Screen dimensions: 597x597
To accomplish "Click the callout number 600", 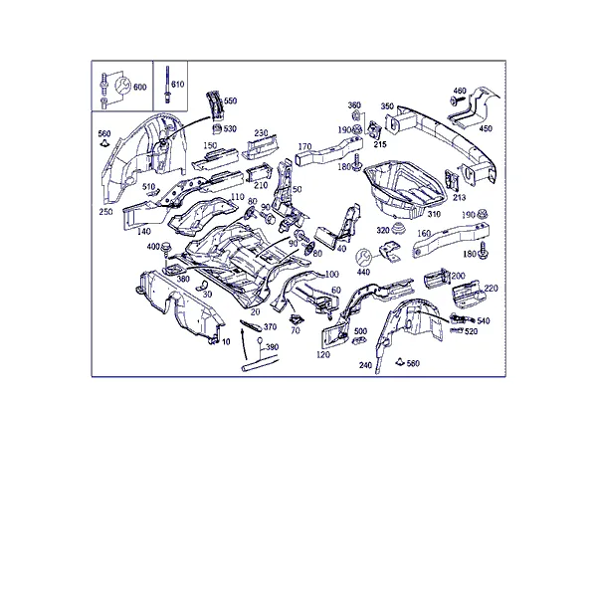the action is click(x=139, y=88).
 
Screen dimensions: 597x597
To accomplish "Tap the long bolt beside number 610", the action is click(x=167, y=85).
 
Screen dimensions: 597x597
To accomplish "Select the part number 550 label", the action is click(x=230, y=100).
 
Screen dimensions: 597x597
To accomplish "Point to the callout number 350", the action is click(x=387, y=105).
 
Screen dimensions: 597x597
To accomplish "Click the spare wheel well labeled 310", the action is click(x=404, y=188).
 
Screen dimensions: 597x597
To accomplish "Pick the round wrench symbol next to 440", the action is click(x=363, y=258).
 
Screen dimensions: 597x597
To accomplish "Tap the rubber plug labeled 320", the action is click(x=399, y=227).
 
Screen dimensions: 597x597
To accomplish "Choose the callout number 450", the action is click(x=486, y=128).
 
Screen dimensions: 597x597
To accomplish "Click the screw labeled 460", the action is click(x=457, y=100).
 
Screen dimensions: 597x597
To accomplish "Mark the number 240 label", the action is click(x=365, y=365).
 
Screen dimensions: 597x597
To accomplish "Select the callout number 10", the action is click(x=226, y=342).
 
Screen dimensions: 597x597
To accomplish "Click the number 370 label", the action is click(x=270, y=327).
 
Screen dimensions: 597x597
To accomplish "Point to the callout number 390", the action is click(x=272, y=347).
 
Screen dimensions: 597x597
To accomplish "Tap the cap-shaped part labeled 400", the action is click(x=165, y=247).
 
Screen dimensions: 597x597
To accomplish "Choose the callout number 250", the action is click(x=105, y=212).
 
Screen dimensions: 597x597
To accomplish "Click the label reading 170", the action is click(x=304, y=146).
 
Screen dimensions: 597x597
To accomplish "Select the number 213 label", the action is click(x=459, y=197).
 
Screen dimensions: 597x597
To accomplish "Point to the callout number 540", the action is click(x=484, y=321).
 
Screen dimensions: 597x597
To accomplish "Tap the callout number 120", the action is click(x=322, y=355).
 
